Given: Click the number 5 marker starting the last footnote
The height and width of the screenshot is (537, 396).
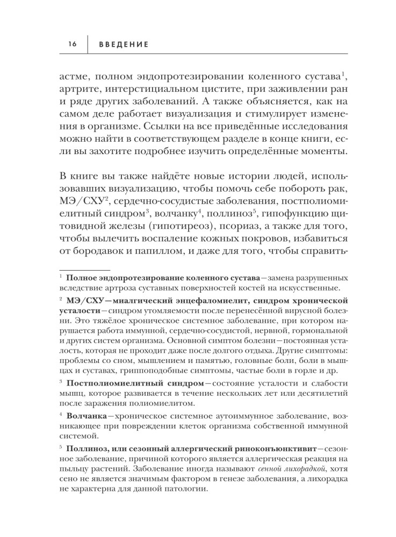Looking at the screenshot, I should pyautogui.click(x=61, y=447).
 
